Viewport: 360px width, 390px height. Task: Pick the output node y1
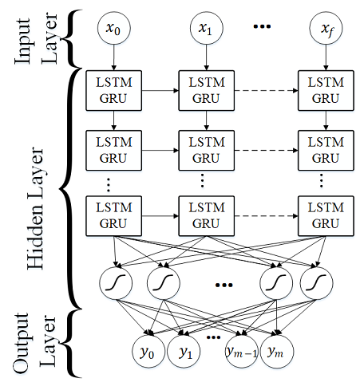[185, 351]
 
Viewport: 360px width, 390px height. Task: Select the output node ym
[275, 351]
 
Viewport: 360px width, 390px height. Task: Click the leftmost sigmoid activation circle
[115, 282]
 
